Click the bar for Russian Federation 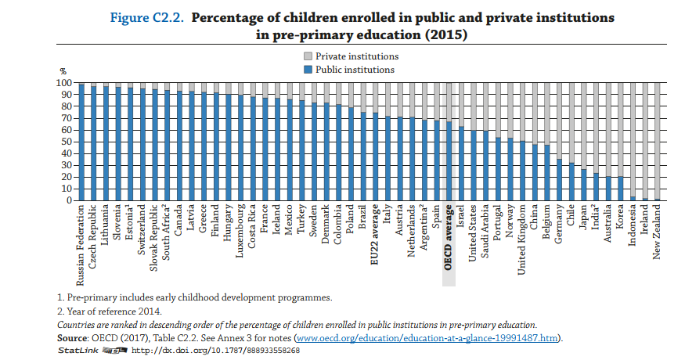pos(81,142)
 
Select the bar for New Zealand pos(657,142)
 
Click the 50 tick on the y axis pos(67,142)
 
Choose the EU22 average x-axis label pos(375,236)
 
